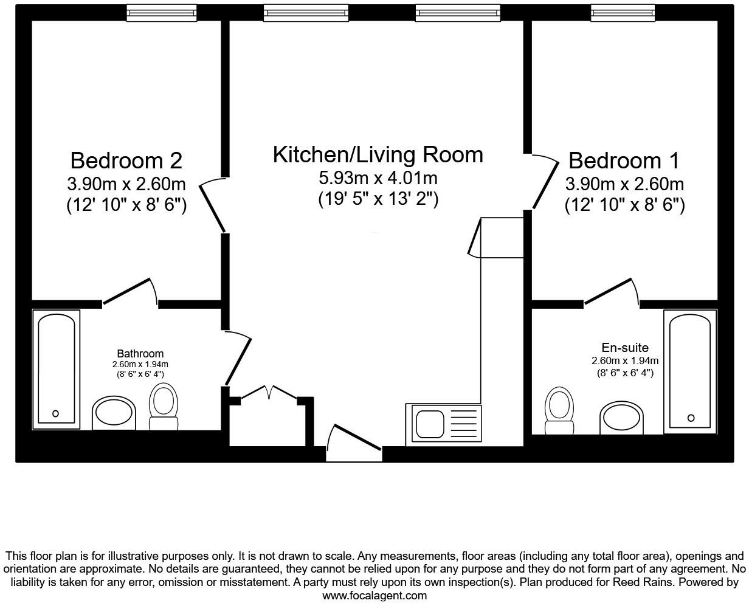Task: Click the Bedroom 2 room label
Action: [126, 161]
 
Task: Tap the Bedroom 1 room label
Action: [624, 161]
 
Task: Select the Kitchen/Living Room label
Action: [378, 154]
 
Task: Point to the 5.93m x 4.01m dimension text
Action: [378, 178]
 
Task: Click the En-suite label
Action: [624, 348]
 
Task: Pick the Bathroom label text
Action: [140, 353]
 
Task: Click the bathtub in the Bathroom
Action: [57, 367]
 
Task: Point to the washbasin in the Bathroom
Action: [113, 413]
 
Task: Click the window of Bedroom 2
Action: [162, 13]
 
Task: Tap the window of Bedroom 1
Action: [623, 13]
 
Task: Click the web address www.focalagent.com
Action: [374, 596]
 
